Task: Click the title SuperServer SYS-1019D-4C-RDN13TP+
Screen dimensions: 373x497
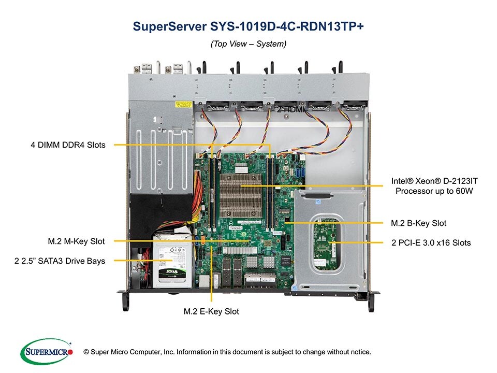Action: (248, 26)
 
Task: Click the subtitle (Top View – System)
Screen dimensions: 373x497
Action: (248, 45)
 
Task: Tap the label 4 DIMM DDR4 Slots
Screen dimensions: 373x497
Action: (68, 146)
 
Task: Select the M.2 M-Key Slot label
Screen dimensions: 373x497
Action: (76, 241)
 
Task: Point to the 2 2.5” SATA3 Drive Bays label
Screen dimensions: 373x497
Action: (60, 261)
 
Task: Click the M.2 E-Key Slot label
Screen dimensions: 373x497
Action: (211, 312)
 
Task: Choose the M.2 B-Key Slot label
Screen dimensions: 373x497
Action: (418, 223)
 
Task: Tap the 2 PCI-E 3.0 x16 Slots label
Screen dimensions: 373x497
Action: (431, 242)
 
